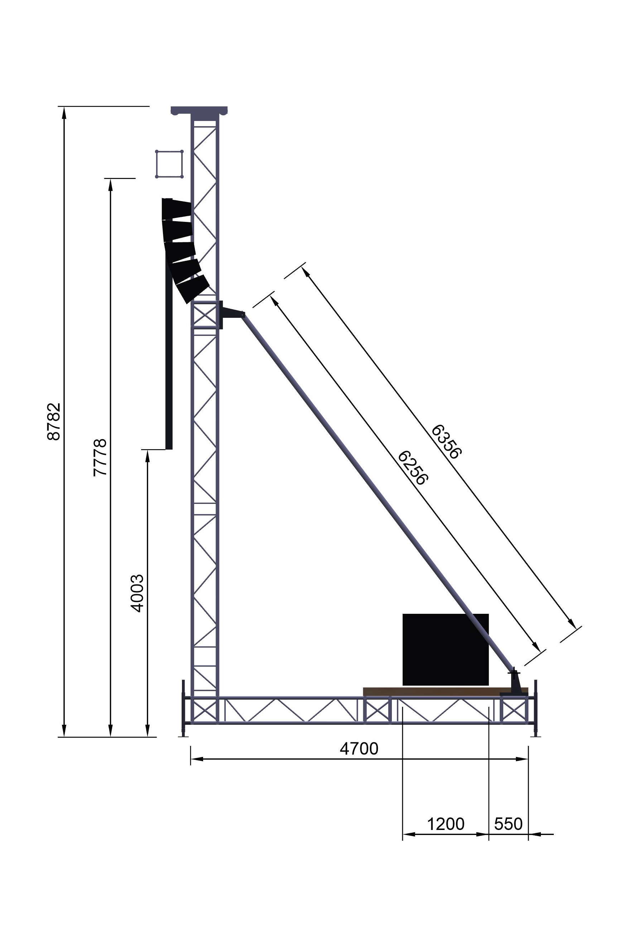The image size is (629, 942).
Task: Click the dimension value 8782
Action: point(54,422)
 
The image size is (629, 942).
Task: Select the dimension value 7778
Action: point(100,457)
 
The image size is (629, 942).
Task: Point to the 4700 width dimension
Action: point(359,748)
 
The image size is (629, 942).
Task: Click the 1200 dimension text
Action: point(445,825)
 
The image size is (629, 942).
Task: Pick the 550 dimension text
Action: point(508,825)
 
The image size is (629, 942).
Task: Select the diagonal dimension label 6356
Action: point(446,441)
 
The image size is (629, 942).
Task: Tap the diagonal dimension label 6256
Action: point(413,468)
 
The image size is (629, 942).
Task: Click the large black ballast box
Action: point(445,649)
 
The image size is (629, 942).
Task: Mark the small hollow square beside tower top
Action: point(169,164)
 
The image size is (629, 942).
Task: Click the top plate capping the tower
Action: point(199,110)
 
